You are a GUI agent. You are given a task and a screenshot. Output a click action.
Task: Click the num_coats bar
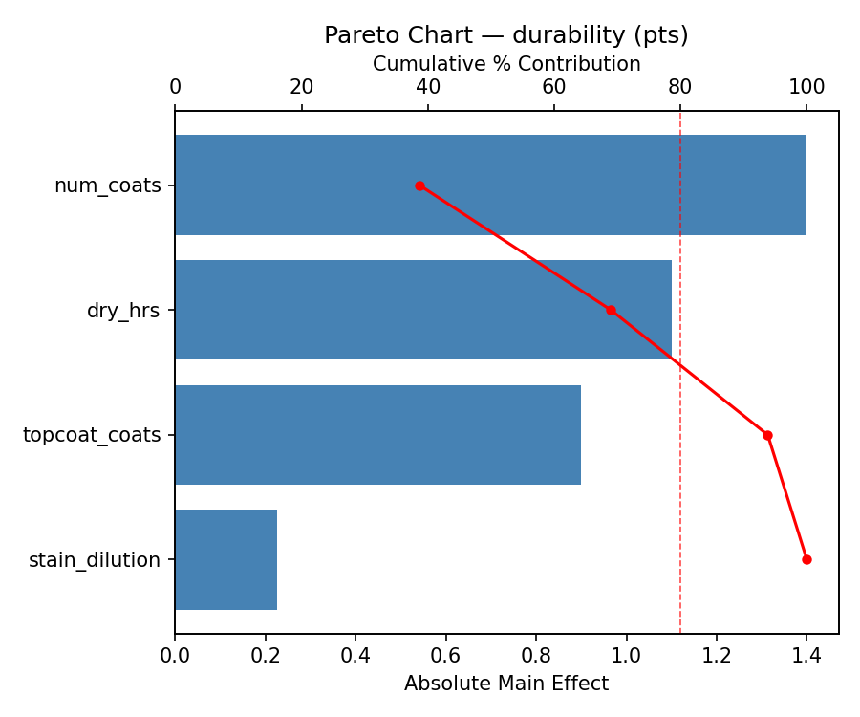click(490, 185)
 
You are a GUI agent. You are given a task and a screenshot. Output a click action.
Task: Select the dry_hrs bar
click(423, 310)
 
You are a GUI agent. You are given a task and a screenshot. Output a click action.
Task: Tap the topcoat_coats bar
click(377, 435)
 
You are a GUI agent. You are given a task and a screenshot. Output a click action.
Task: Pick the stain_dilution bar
click(226, 559)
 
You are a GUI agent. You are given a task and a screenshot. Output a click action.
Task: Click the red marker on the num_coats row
click(419, 185)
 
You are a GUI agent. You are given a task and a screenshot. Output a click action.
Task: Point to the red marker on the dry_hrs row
click(611, 310)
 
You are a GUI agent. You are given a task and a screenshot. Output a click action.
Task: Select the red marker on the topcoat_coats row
click(767, 435)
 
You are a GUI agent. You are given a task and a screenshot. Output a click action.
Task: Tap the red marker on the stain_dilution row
click(806, 559)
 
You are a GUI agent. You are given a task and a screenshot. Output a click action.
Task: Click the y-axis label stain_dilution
click(95, 560)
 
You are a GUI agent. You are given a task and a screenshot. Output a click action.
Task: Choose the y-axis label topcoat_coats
click(92, 436)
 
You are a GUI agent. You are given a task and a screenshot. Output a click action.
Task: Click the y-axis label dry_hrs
click(123, 311)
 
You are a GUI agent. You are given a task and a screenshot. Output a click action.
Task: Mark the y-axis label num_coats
click(107, 185)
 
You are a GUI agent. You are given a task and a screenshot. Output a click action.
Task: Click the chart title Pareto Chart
click(505, 35)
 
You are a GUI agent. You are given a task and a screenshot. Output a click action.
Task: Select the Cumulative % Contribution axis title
click(505, 64)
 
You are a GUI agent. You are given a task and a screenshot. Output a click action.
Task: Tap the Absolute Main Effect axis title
click(505, 684)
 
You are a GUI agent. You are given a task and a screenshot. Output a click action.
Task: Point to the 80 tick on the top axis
click(680, 87)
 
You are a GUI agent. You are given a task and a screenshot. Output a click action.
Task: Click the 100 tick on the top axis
click(806, 87)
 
